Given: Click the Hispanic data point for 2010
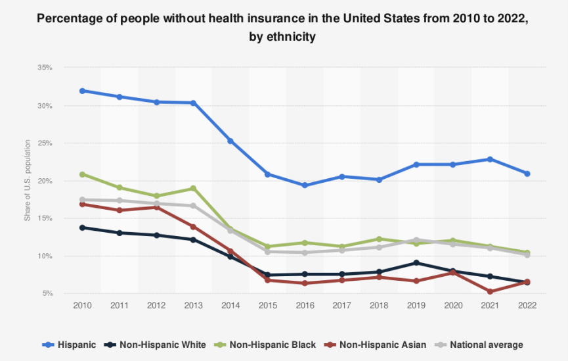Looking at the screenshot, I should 82,91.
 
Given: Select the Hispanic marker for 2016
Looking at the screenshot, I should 305,185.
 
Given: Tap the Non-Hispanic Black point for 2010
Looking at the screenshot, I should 82,174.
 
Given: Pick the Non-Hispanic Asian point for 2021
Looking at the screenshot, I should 490,291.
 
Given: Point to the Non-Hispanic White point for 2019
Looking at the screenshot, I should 416,263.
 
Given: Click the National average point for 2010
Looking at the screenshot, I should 82,199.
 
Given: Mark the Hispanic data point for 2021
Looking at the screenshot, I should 490,159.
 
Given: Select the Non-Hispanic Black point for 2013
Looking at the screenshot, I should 193,188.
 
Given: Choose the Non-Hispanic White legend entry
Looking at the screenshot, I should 156,345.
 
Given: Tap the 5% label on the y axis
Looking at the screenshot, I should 47,294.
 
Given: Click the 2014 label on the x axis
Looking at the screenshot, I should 230,306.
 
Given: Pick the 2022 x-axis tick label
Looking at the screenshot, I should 527,306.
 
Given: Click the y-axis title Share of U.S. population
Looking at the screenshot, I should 28,180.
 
